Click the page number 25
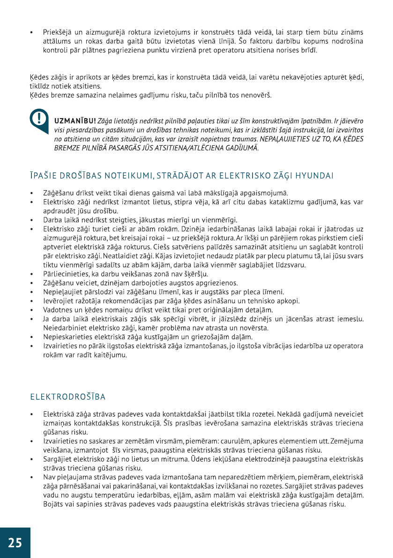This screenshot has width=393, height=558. click(15, 543)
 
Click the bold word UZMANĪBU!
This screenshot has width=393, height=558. click(75, 121)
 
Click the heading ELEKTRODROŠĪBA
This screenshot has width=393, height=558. click(68, 397)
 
